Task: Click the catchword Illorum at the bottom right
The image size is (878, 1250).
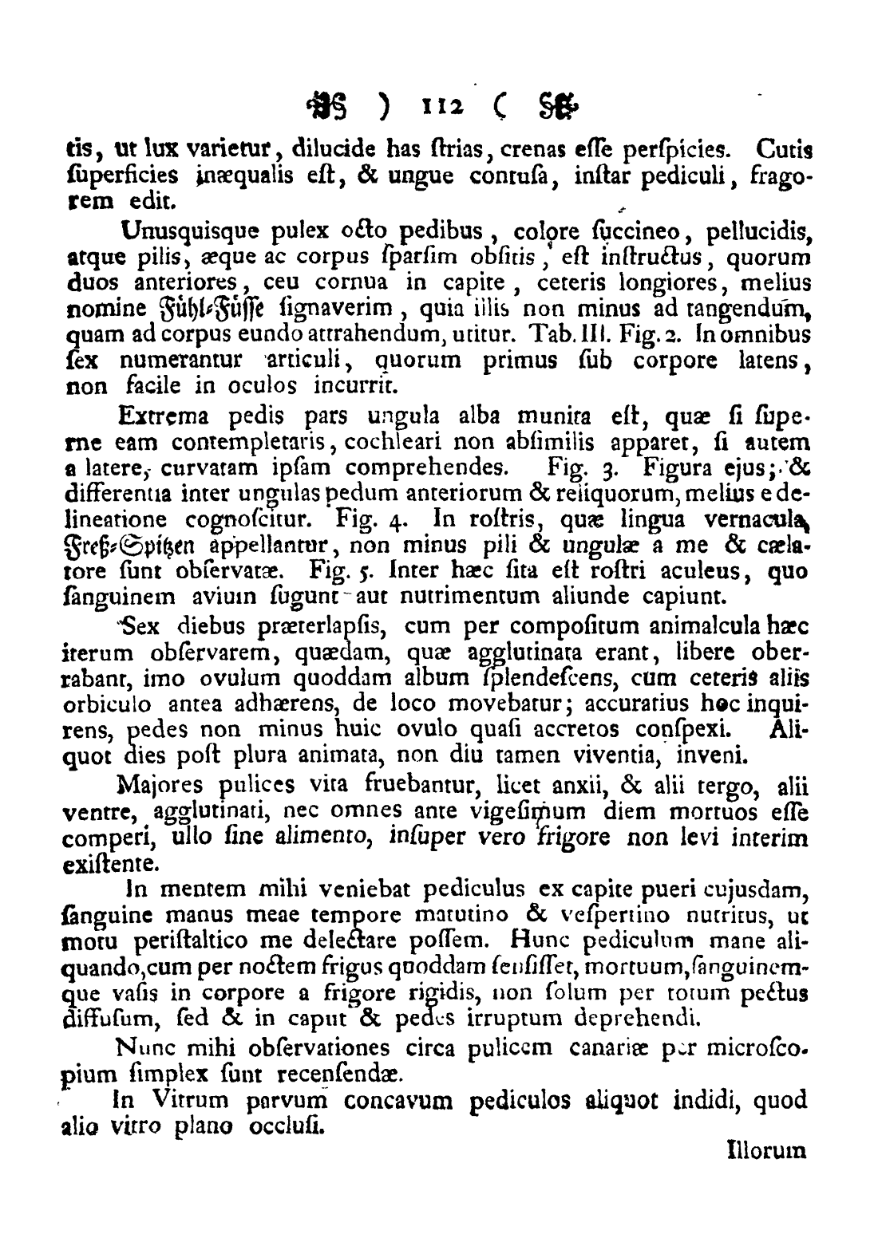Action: coord(768,1150)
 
